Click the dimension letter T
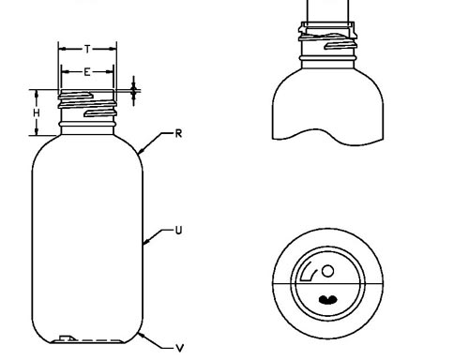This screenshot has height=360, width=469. tap(88, 49)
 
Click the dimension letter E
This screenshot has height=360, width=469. tap(87, 72)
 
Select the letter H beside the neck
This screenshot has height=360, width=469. tap(37, 112)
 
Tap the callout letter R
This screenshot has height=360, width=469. tap(178, 134)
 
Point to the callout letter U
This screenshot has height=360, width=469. tap(178, 231)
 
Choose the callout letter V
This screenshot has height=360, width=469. tap(179, 348)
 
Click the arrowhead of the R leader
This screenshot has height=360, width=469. tap(141, 151)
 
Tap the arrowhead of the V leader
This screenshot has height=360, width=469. tap(142, 336)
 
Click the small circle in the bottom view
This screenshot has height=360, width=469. tap(327, 271)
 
